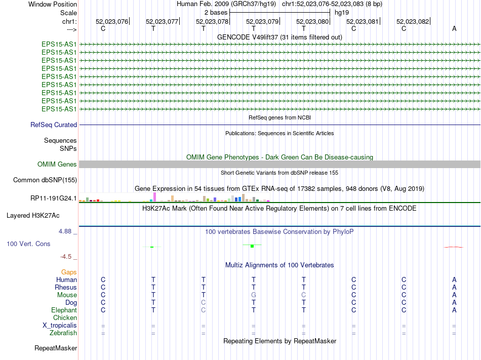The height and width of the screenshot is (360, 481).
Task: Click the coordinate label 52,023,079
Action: (262, 21)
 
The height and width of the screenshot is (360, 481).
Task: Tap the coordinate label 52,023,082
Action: (413, 21)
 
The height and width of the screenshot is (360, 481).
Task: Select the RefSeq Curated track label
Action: (54, 125)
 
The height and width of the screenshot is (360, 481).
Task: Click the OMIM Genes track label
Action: (57, 164)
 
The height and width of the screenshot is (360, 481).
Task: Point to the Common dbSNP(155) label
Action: (45, 180)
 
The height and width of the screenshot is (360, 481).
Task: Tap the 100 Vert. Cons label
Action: (28, 244)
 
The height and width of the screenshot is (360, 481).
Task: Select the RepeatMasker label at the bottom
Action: (56, 348)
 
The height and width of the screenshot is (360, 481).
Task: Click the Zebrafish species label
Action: (63, 333)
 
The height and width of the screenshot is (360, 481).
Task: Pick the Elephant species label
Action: (64, 310)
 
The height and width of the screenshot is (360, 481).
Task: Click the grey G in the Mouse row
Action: (254, 295)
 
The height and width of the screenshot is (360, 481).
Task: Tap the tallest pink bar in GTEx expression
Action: (154, 196)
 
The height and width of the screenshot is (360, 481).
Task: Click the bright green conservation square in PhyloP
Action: (252, 246)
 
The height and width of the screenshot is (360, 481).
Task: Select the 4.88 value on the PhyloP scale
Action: (66, 231)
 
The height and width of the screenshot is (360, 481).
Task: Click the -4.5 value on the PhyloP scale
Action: (67, 256)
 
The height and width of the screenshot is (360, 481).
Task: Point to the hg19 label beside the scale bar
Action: (342, 12)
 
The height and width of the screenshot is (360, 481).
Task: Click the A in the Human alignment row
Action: (454, 279)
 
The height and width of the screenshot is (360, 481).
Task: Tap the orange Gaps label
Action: (69, 272)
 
